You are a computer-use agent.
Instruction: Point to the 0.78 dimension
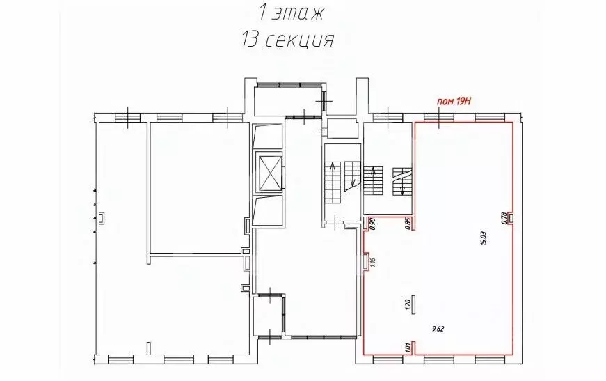coord(503,219)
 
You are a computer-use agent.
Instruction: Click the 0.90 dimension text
coord(373,224)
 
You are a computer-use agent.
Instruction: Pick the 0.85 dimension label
coord(408,224)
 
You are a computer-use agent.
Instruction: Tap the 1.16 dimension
coord(373,262)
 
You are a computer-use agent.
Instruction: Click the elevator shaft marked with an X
coord(268,171)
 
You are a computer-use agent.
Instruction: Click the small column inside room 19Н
coord(413,303)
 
